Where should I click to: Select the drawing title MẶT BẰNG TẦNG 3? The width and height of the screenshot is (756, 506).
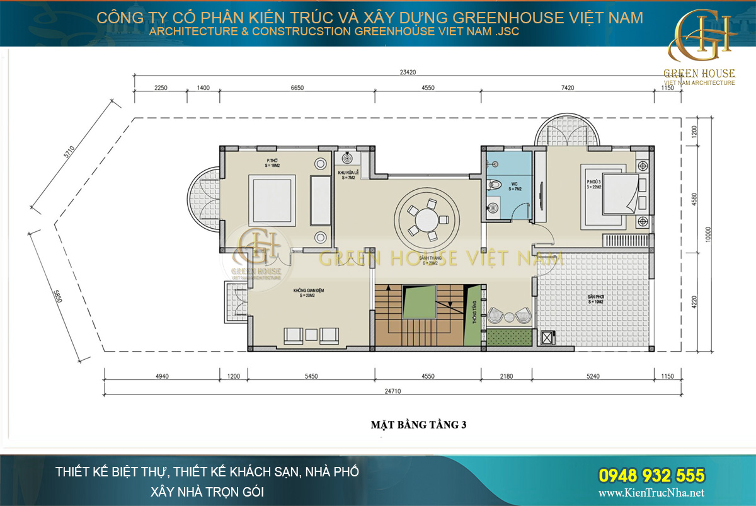coord(418,424)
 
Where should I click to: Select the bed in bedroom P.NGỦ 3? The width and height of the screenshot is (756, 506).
coord(614,198)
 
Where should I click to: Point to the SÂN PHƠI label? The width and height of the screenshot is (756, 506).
coord(595,299)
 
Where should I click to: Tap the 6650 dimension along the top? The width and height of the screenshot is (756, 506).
coord(297,88)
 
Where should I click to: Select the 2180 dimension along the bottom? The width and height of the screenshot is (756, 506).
coord(506,376)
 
